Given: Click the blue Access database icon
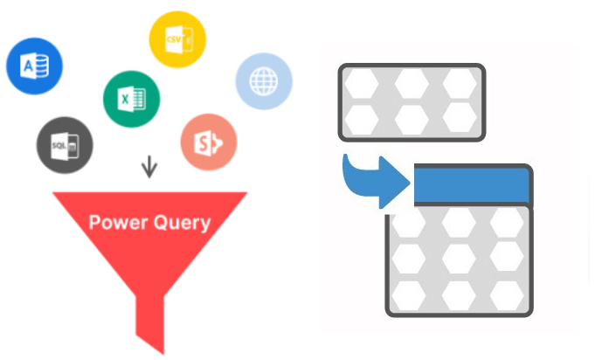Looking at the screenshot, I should [x=33, y=66].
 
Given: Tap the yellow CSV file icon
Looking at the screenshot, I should [x=177, y=39].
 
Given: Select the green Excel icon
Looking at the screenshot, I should [x=130, y=98].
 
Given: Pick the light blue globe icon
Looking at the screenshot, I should [x=263, y=81].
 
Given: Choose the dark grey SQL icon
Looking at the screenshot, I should [x=65, y=144].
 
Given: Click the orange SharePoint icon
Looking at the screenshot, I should [x=208, y=142].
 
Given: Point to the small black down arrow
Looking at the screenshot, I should [x=149, y=166].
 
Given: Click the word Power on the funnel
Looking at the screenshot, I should [x=119, y=222].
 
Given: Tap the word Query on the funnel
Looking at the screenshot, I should [x=182, y=223].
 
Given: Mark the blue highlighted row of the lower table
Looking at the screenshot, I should [x=472, y=185].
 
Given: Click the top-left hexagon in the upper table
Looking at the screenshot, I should [x=362, y=86].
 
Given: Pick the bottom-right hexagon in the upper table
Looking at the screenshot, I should [x=459, y=116].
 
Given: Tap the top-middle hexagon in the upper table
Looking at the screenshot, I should [x=411, y=86].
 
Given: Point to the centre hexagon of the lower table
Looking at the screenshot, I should [x=458, y=258].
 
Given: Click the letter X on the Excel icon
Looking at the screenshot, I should [x=124, y=99].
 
